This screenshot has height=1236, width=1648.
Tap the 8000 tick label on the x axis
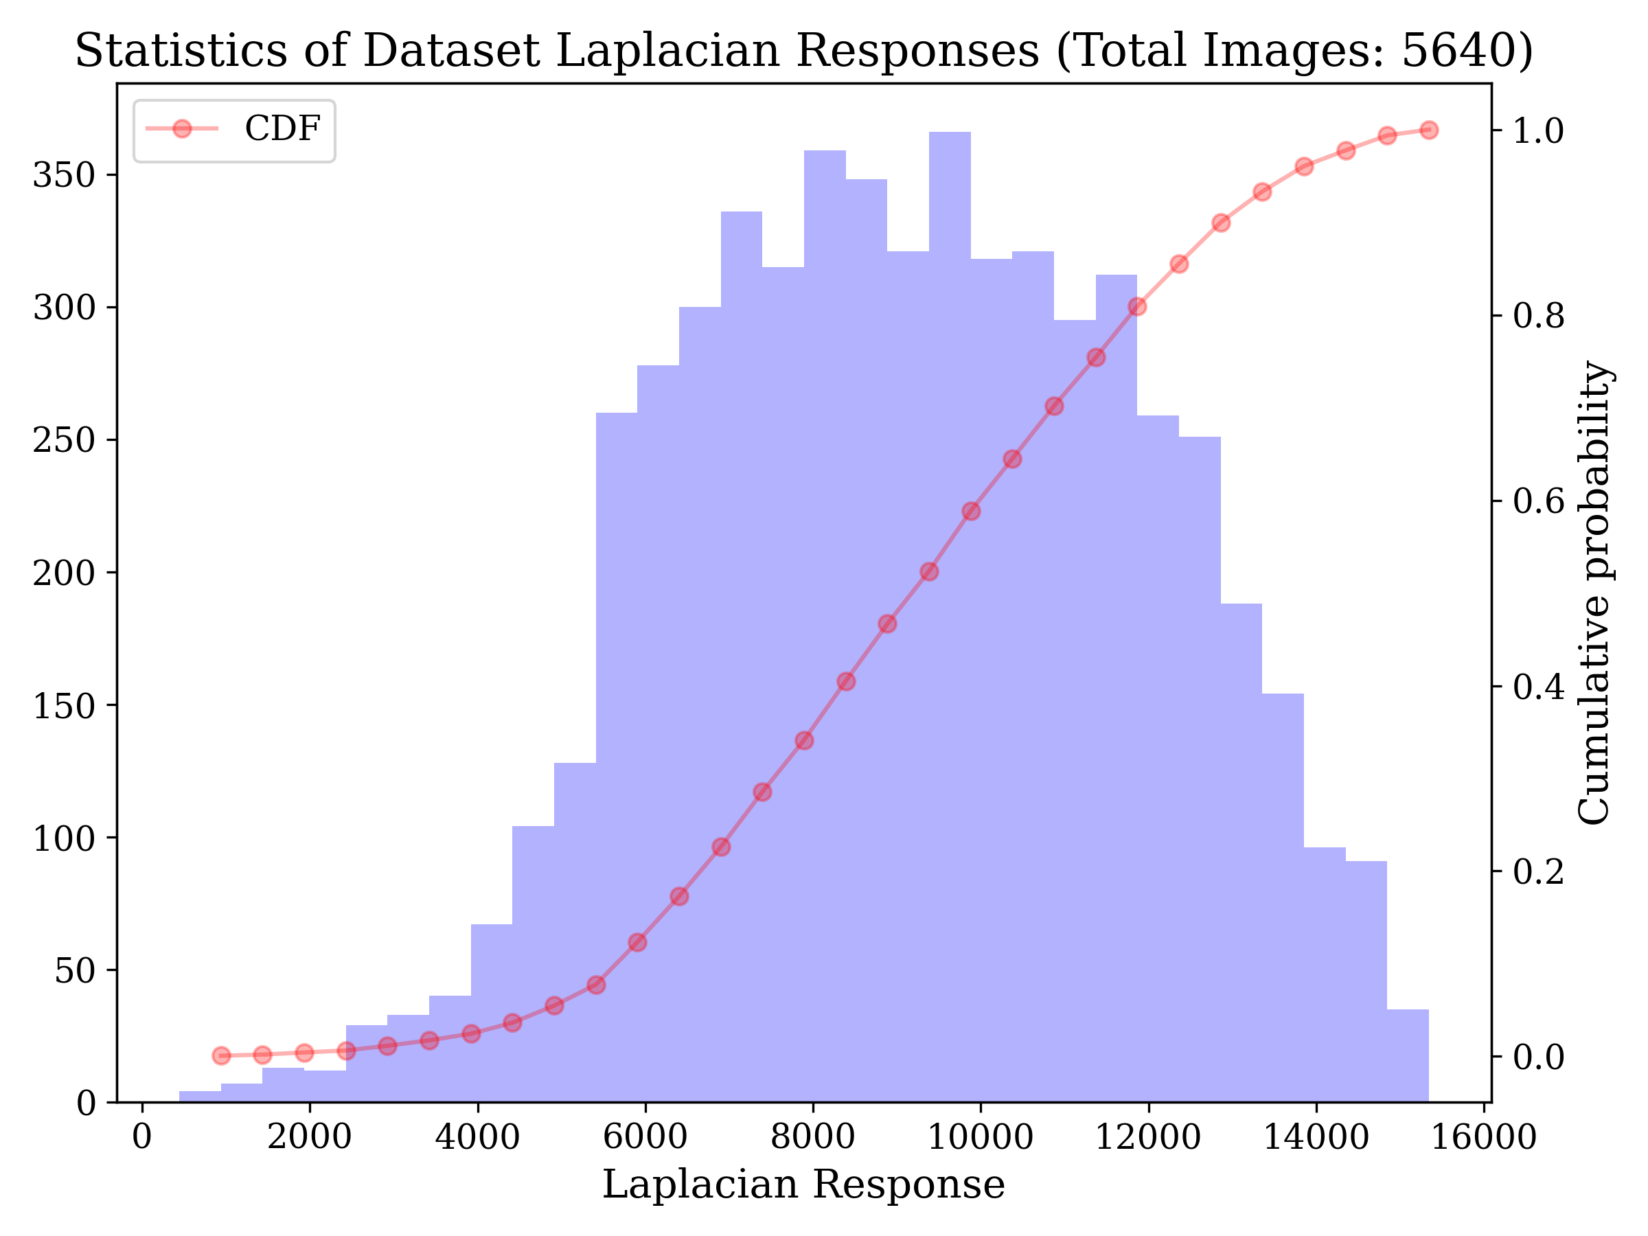tap(812, 1138)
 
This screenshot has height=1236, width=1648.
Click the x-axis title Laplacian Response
tap(803, 1184)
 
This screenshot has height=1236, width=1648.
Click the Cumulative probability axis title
tap(1594, 593)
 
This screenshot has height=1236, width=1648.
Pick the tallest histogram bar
tap(950, 596)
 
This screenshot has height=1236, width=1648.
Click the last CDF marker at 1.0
tap(1428, 130)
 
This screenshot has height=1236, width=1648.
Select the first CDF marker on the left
tap(221, 1055)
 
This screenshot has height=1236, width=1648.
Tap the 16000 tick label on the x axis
tap(1483, 1138)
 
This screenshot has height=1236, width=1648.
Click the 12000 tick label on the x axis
tap(1147, 1138)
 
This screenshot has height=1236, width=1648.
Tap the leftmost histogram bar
tap(200, 1096)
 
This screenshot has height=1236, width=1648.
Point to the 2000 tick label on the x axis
tap(309, 1138)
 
